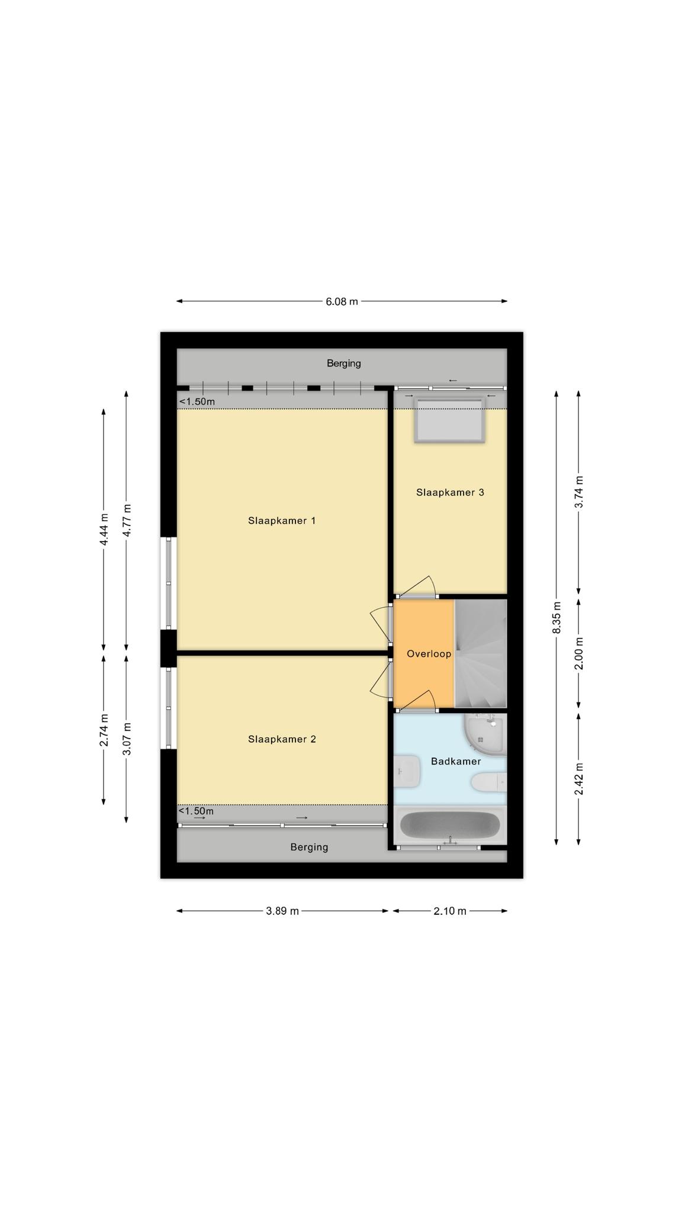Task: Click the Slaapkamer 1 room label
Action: click(282, 521)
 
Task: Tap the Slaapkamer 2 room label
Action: click(282, 739)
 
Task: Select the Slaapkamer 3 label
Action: click(450, 492)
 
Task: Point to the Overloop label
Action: click(429, 654)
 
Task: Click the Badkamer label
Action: click(456, 762)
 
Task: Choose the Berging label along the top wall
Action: click(344, 363)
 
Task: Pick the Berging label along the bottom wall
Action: click(309, 847)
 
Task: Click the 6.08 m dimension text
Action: click(342, 301)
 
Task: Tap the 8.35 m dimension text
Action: click(556, 618)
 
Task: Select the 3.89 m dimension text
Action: click(282, 911)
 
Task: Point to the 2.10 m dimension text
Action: click(450, 911)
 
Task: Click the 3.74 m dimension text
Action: click(579, 492)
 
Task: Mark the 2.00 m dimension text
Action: click(579, 653)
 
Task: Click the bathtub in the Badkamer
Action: click(450, 825)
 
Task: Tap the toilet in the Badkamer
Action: click(489, 782)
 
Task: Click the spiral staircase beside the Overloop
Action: click(481, 653)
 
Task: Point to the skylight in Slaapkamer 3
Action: click(449, 420)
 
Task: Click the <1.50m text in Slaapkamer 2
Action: click(197, 811)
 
